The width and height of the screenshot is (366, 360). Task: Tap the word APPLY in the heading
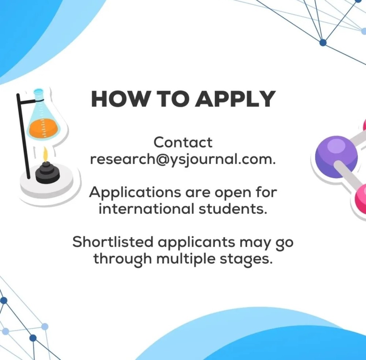235,99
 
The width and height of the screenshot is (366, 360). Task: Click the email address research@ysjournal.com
183,160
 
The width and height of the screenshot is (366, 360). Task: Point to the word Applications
135,193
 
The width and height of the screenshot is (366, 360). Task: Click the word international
146,209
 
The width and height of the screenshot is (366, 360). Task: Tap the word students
233,209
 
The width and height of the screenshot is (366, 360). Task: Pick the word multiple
186,259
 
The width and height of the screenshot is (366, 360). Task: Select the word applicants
197,243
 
